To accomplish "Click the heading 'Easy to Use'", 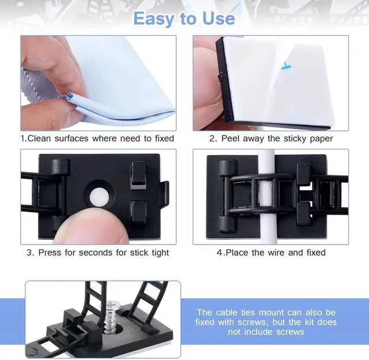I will (184, 18).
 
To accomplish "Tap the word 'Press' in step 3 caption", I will (50, 253).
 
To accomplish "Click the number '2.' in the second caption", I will (212, 138).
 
